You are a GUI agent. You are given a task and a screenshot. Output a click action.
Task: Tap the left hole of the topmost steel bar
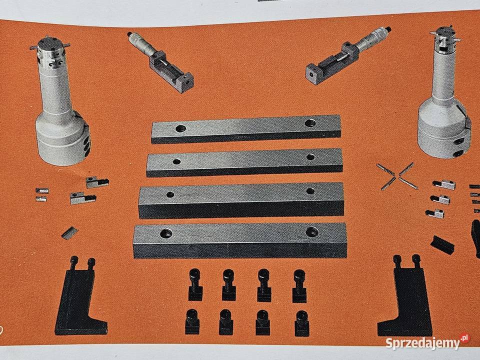tap(180, 128)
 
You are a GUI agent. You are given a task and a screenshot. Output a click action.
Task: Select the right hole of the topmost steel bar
tap(310, 123)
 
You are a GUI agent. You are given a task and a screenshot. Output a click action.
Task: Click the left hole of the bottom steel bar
tap(166, 233)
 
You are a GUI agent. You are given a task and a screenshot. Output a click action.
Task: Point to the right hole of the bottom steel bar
tap(312, 231)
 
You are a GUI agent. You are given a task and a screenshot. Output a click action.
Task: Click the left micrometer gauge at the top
tap(160, 61)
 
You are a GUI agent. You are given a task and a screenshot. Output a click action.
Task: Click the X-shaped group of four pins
tap(397, 176)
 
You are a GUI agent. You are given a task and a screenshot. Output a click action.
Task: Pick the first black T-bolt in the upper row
tap(195, 284)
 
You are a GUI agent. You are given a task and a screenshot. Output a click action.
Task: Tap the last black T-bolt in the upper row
tap(299, 286)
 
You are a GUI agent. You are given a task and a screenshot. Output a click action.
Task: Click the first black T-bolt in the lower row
tap(192, 321)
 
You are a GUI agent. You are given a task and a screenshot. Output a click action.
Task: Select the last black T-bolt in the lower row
tap(301, 323)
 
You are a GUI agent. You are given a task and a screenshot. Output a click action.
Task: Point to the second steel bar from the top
tap(244, 162)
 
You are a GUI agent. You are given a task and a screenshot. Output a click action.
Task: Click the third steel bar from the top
tap(241, 200)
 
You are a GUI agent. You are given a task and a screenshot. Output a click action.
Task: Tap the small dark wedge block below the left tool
tap(70, 233)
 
